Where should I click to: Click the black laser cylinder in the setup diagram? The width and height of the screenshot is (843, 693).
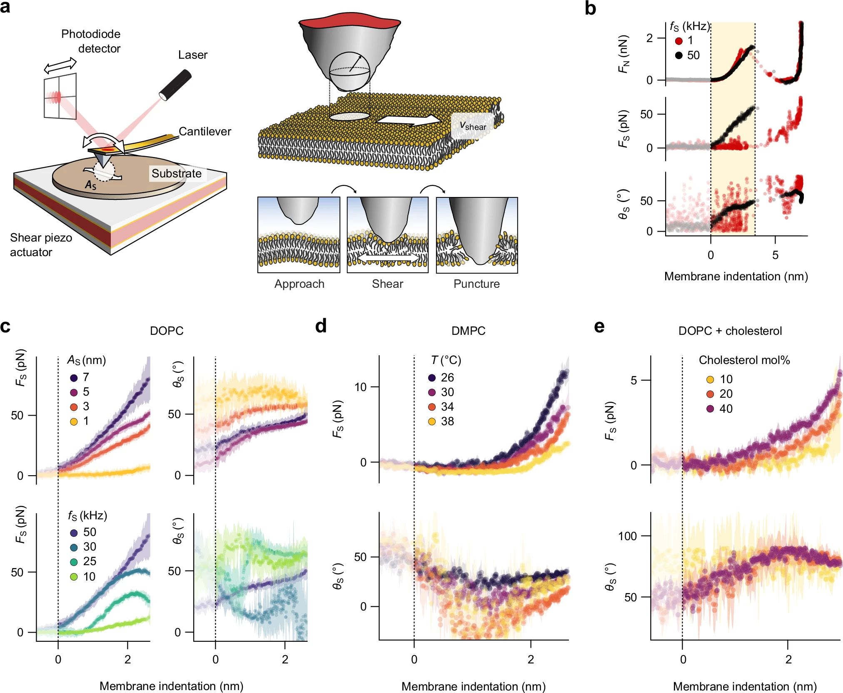click(x=175, y=85)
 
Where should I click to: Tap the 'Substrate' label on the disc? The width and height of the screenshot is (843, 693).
click(x=176, y=173)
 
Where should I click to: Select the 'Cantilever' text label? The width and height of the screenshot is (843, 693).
click(x=205, y=131)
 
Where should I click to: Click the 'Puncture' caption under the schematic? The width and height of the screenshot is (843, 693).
click(x=476, y=284)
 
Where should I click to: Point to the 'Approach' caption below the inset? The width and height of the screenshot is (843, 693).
click(x=299, y=284)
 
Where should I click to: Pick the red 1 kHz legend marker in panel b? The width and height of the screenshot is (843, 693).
click(x=678, y=41)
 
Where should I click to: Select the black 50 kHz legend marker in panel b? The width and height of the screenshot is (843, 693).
click(x=678, y=55)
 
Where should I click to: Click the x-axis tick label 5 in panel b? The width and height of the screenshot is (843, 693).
click(x=775, y=255)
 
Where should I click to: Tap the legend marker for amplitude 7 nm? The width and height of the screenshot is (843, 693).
click(x=74, y=378)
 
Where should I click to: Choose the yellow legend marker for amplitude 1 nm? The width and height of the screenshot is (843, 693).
click(x=74, y=421)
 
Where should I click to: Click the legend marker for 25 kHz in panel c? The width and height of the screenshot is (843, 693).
click(x=74, y=562)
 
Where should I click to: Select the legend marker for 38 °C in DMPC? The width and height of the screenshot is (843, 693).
click(x=432, y=421)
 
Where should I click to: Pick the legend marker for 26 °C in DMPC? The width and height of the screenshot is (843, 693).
click(x=432, y=378)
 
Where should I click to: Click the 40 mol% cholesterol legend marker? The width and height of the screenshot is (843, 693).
click(x=710, y=409)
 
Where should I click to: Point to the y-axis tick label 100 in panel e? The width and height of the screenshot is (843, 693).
click(x=627, y=536)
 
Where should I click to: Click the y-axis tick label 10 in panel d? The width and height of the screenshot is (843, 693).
click(x=360, y=387)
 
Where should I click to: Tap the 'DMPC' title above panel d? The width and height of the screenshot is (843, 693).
click(x=468, y=331)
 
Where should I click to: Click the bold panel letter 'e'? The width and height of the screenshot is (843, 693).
click(x=599, y=327)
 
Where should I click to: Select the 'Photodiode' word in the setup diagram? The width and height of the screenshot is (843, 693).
click(x=91, y=34)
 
